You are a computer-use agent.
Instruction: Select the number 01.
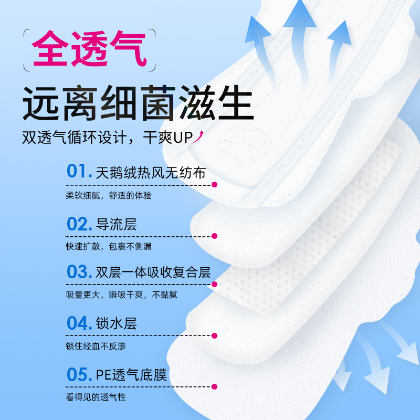[79, 172]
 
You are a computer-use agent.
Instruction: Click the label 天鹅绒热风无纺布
[151, 173]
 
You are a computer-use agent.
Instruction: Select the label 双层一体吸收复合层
[153, 272]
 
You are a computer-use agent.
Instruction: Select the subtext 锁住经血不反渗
[96, 346]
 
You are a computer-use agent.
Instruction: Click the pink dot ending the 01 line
[214, 185]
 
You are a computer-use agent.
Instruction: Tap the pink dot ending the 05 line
[214, 387]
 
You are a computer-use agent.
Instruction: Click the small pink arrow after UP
[200, 138]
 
